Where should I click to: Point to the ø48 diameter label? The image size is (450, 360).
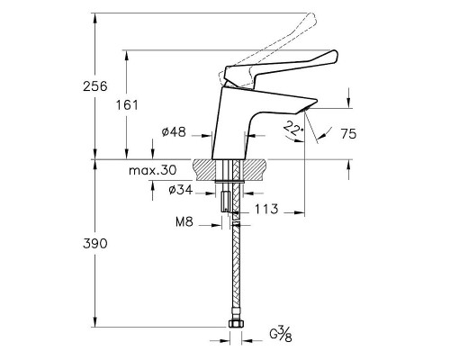pyautogui.click(x=174, y=132)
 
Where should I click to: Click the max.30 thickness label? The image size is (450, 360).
pyautogui.click(x=151, y=170)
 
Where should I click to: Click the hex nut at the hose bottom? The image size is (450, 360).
pyautogui.click(x=236, y=323)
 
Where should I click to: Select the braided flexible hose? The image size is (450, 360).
pyautogui.click(x=236, y=270)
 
